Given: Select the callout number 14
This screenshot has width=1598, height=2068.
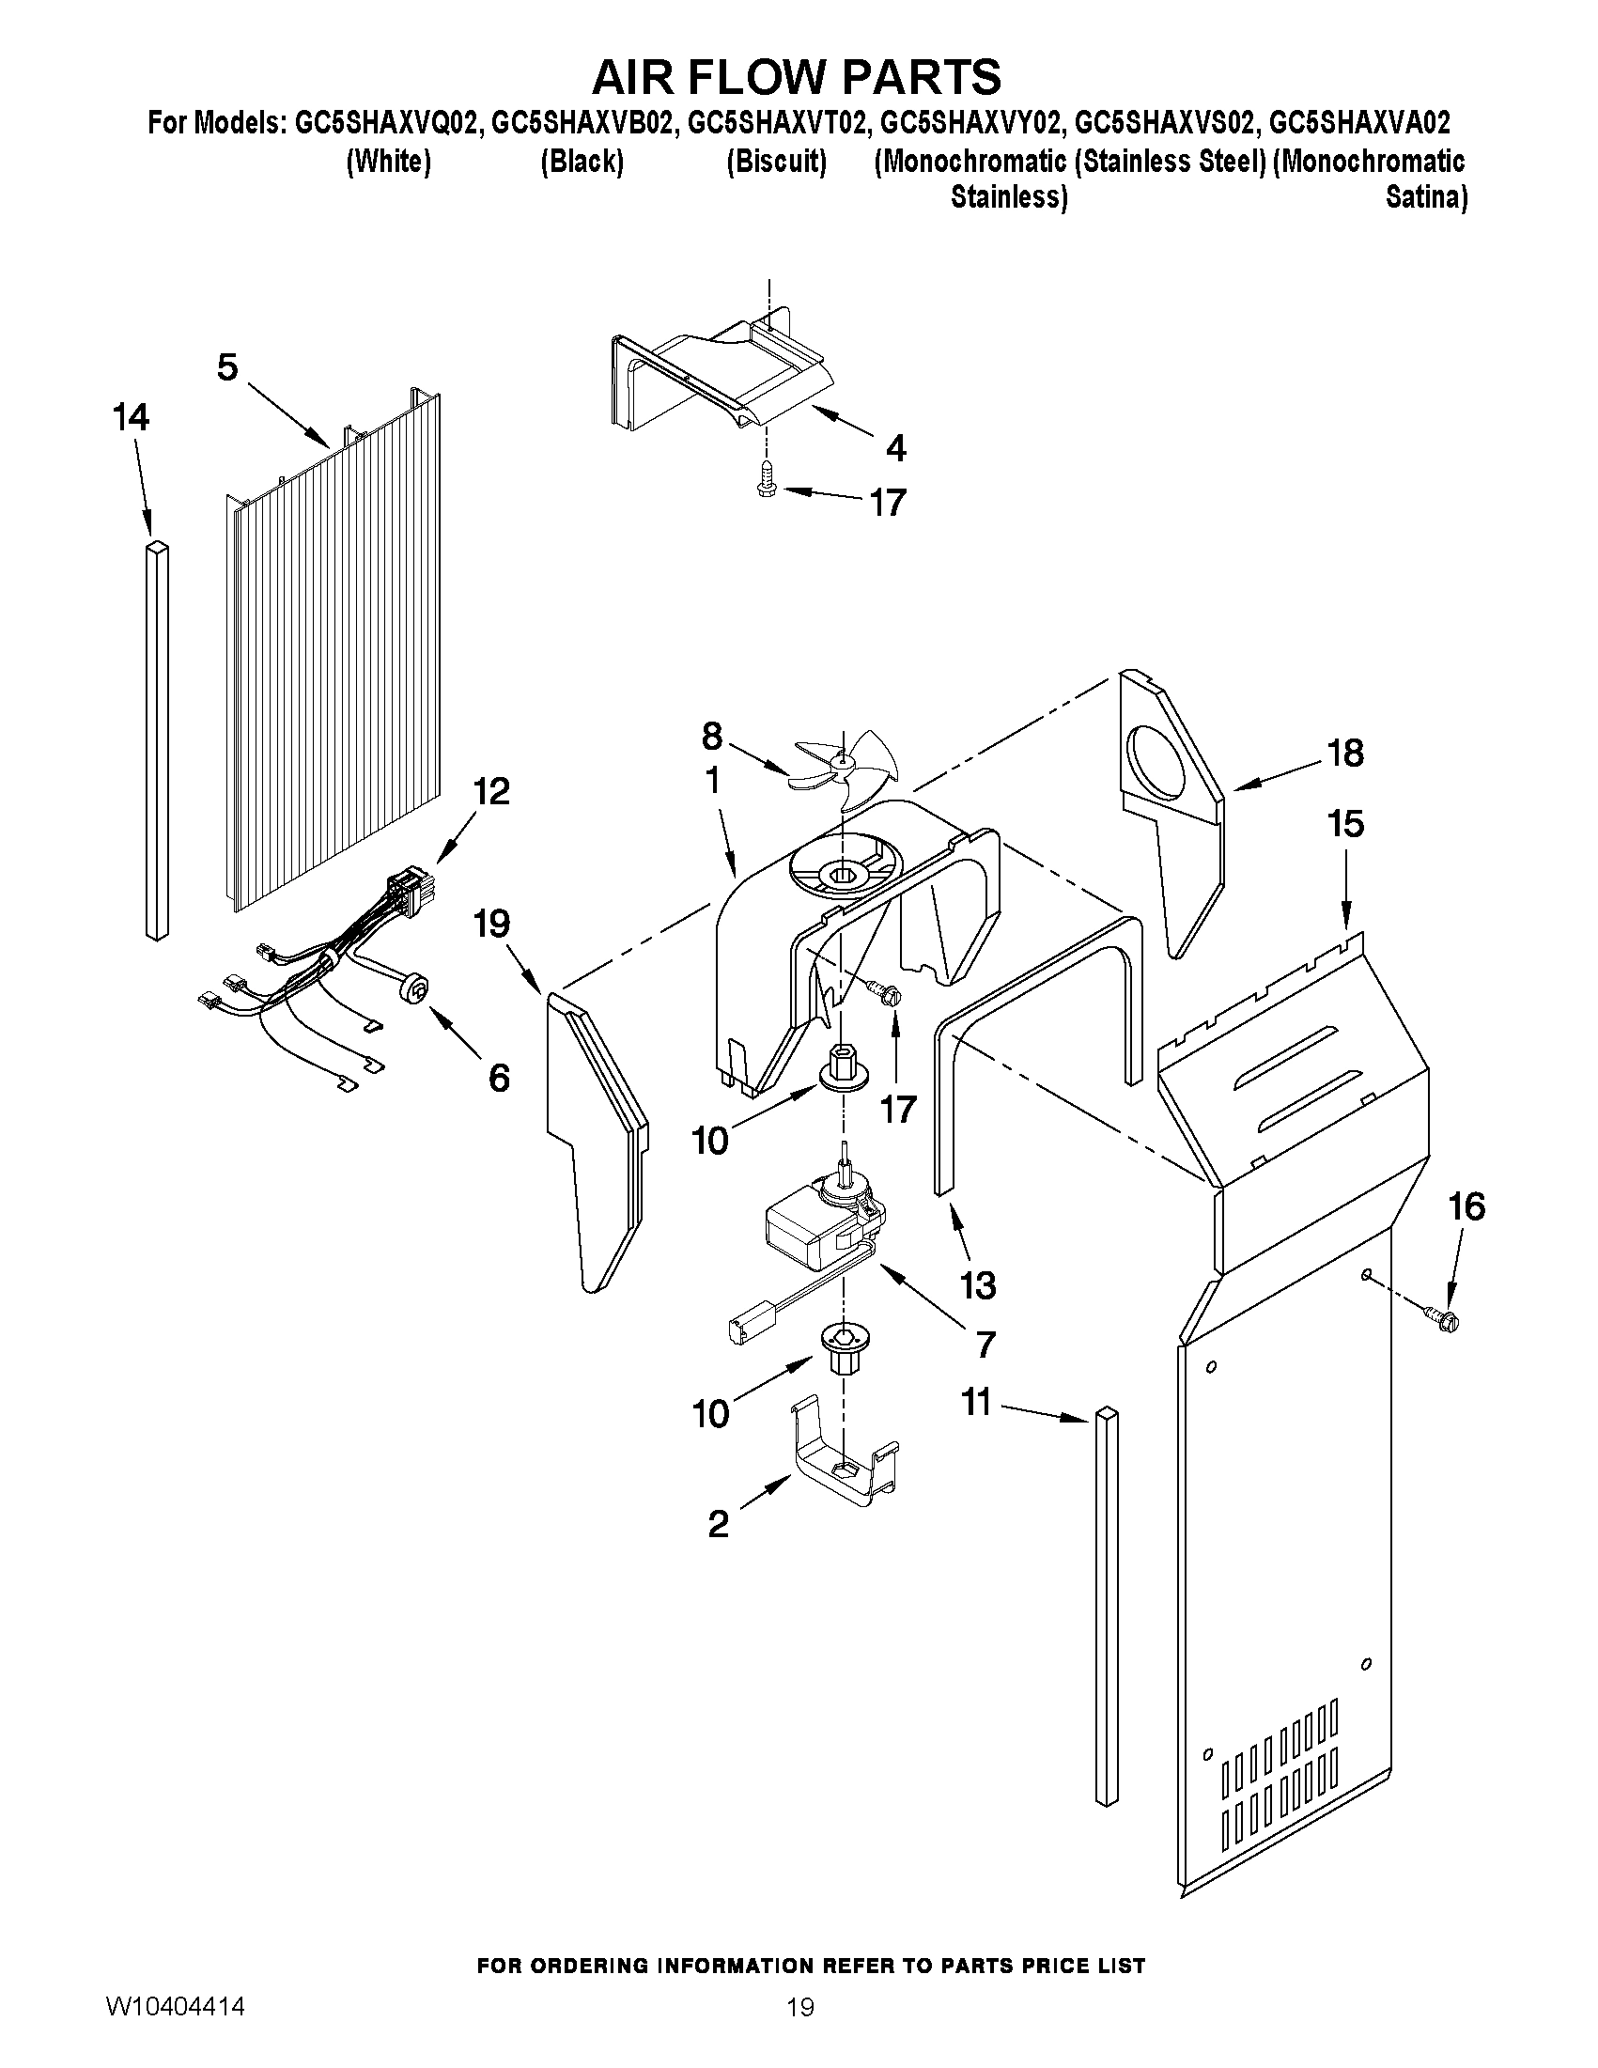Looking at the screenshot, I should click(131, 417).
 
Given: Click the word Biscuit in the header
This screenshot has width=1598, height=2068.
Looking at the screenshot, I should click(777, 162).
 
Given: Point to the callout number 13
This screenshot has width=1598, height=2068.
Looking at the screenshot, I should click(978, 1285).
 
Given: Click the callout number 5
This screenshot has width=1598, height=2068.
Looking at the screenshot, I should click(227, 367).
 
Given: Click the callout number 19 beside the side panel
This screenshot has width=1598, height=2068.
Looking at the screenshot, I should click(492, 924).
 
